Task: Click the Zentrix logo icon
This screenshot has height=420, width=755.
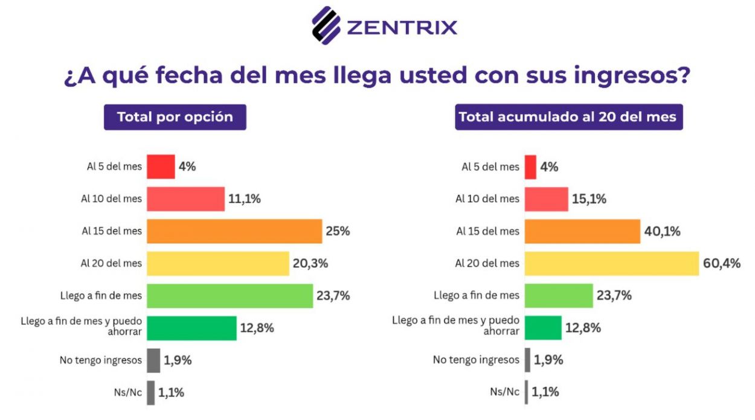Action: [x=326, y=25]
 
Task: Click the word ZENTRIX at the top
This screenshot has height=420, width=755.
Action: [x=402, y=27]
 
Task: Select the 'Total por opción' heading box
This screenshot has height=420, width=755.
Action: [x=175, y=117]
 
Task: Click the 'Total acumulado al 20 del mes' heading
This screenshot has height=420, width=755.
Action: [x=568, y=117]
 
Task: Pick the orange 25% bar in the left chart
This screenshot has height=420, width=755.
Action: [x=234, y=231]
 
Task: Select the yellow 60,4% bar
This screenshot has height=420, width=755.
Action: [x=611, y=264]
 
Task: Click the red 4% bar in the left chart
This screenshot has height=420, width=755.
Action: [x=161, y=167]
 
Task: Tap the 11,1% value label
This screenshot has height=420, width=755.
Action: [x=245, y=199]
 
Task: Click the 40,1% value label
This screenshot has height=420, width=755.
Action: [x=662, y=231]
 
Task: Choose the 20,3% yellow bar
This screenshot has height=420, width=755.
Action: [x=217, y=264]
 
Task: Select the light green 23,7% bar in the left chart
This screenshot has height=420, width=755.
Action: [x=230, y=296]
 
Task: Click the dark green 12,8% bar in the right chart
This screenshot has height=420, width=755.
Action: [x=543, y=328]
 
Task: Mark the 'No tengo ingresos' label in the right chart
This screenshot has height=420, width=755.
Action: [x=476, y=360]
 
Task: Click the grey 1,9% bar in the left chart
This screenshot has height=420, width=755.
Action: [x=153, y=360]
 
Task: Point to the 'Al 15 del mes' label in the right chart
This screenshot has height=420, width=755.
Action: [x=487, y=231]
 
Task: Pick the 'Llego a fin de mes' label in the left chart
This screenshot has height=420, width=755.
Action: [x=101, y=296]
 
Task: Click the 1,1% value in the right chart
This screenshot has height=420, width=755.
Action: [x=545, y=392]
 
